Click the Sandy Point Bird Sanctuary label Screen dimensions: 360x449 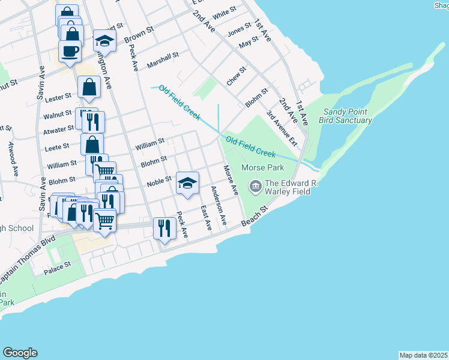(x=348, y=116)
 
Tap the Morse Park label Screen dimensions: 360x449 (x=262, y=167)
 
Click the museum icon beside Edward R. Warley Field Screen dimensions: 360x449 (x=255, y=187)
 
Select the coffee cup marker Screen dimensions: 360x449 (x=70, y=51)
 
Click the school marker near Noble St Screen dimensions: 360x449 (x=187, y=183)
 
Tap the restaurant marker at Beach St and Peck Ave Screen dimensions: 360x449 (x=163, y=228)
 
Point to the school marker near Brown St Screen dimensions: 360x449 (x=105, y=41)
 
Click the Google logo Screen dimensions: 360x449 (x=20, y=353)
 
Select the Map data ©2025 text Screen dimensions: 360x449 (x=423, y=355)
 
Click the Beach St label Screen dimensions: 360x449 (x=254, y=218)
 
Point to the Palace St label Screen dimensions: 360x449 (x=57, y=268)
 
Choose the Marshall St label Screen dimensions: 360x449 (x=163, y=59)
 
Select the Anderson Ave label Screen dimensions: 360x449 (x=217, y=205)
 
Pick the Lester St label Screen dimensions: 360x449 (x=58, y=95)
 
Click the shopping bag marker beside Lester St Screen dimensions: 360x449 (x=89, y=87)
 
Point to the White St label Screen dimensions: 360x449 (x=224, y=13)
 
